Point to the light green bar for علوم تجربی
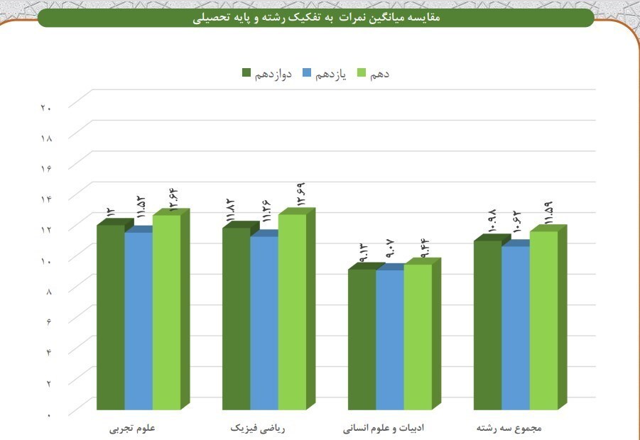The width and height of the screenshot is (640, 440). [166, 312]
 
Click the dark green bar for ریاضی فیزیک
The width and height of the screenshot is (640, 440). [236, 319]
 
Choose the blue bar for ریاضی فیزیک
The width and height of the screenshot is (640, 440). [264, 323]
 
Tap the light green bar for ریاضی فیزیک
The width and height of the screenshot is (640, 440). [292, 312]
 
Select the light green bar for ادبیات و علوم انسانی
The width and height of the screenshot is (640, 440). [418, 337]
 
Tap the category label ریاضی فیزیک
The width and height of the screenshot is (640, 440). [259, 429]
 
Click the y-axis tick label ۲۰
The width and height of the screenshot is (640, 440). [46, 108]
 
